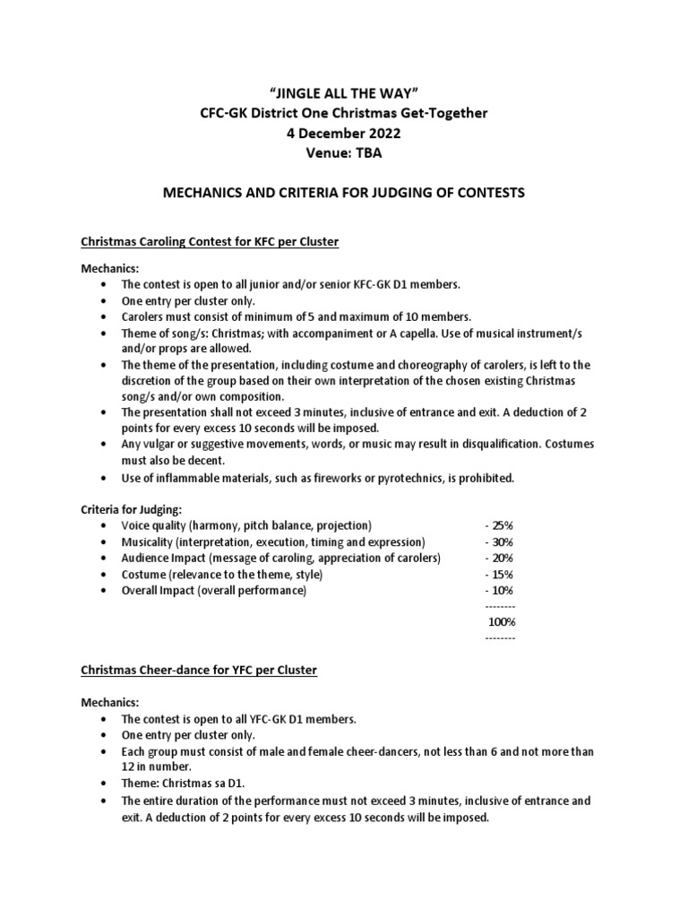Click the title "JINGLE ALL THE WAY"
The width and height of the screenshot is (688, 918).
tap(344, 92)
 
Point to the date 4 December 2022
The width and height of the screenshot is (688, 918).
tap(344, 134)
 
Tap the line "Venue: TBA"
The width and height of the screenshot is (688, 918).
tap(344, 153)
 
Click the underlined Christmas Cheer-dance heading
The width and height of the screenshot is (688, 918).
tap(199, 670)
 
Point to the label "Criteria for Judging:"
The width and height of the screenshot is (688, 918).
tap(132, 508)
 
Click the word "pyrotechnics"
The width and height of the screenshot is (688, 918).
tap(426, 478)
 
